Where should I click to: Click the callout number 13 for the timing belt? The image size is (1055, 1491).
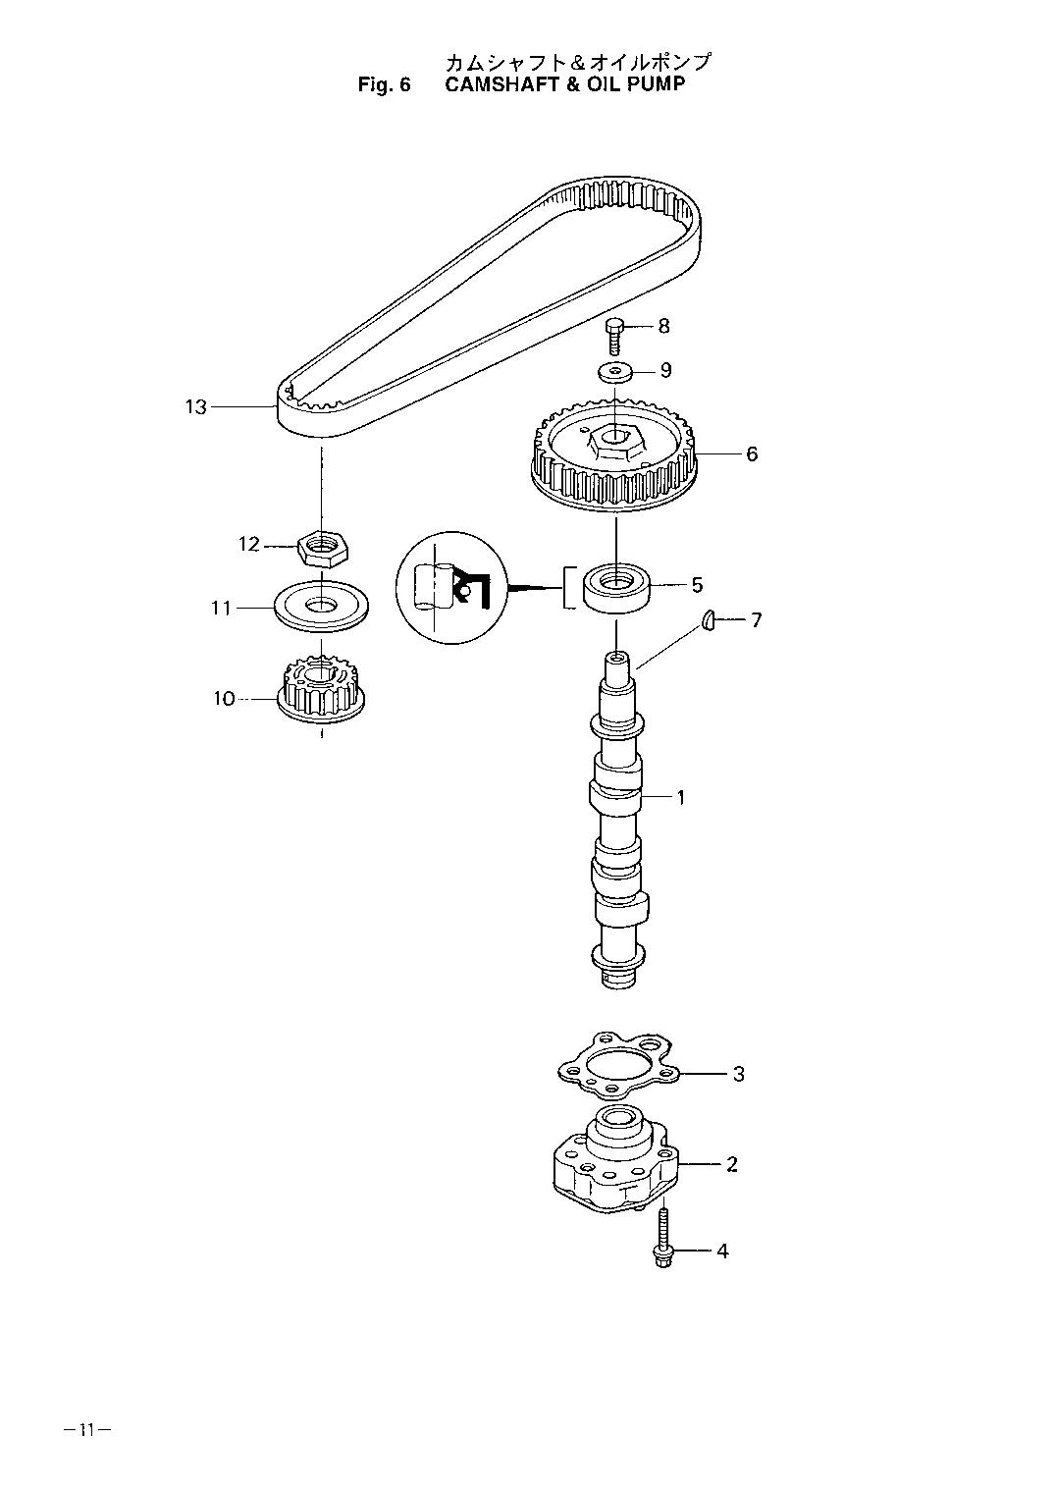(x=196, y=406)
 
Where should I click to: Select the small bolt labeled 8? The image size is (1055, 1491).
(x=614, y=336)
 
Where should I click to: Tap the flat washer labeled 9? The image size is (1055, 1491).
(x=614, y=372)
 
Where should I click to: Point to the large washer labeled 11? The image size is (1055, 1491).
(x=322, y=609)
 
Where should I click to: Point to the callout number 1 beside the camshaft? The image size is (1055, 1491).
(x=680, y=797)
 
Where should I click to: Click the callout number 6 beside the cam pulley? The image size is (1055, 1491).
(x=752, y=453)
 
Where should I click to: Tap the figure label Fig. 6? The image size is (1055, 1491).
(x=383, y=85)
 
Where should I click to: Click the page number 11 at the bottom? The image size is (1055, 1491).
(x=86, y=1430)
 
